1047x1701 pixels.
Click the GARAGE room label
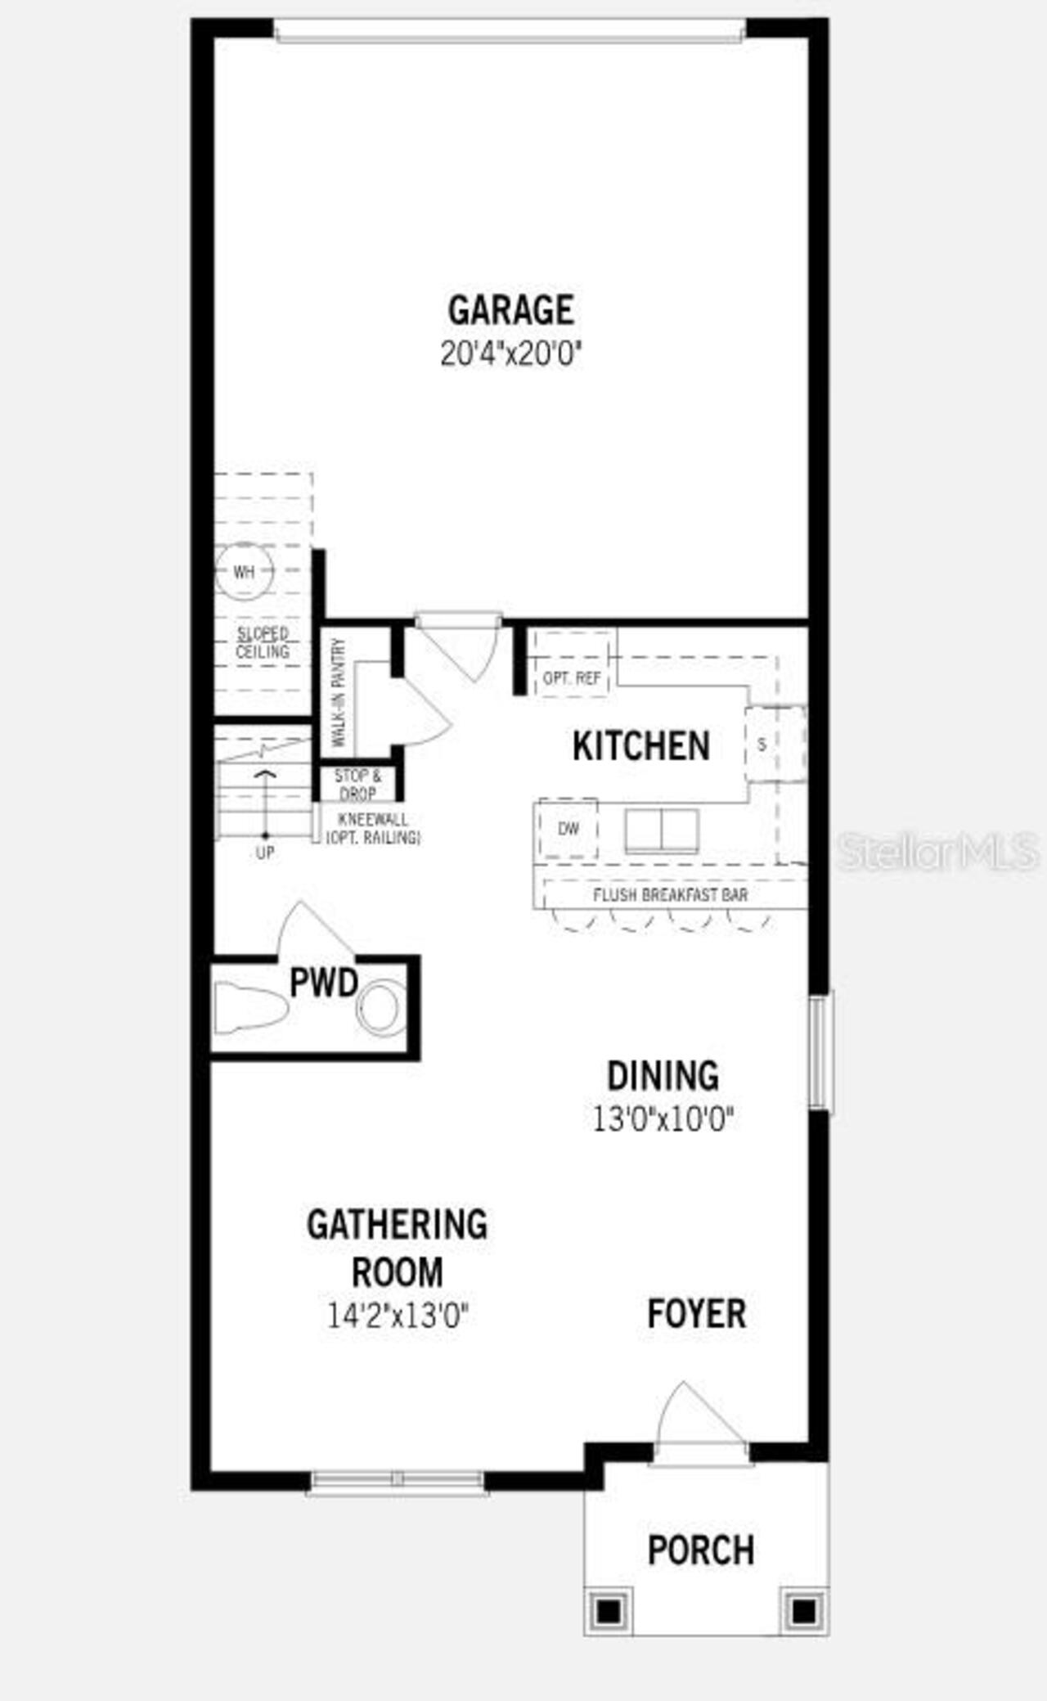click(510, 310)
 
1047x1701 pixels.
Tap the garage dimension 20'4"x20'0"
click(510, 354)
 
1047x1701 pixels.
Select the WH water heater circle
click(244, 572)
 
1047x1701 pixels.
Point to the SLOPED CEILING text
click(263, 643)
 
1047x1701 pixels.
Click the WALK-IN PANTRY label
click(339, 692)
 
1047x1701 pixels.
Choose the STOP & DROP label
click(357, 785)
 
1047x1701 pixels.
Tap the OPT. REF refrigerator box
click(572, 677)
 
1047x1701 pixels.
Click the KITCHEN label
click(640, 746)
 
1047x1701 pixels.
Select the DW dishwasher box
click(568, 829)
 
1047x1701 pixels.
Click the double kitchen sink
click(662, 831)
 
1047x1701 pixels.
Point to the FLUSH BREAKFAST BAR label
click(670, 894)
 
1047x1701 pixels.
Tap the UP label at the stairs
click(265, 853)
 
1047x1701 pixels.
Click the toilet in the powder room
click(249, 1009)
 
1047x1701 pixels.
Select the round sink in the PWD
click(380, 1008)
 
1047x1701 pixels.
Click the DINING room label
click(663, 1076)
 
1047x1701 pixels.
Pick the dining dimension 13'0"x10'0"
click(663, 1118)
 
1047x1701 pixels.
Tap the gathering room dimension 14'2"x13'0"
click(398, 1316)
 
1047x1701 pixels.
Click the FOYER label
click(696, 1314)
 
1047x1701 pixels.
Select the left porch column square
click(608, 1611)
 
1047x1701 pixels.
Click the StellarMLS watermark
click(938, 852)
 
